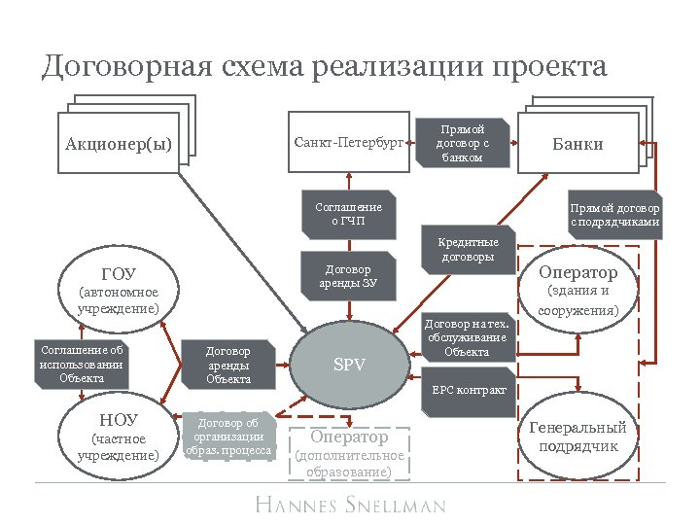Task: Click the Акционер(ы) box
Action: click(x=119, y=144)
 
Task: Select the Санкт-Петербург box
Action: click(x=348, y=143)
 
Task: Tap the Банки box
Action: click(x=577, y=144)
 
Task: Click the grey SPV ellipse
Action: click(x=349, y=366)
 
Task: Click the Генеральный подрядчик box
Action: click(x=578, y=437)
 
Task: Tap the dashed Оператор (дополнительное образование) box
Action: click(x=349, y=453)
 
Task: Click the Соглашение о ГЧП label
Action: click(x=349, y=214)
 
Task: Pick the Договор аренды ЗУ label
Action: click(x=349, y=276)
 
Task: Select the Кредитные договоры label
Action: click(x=469, y=250)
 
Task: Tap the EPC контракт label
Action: click(x=469, y=390)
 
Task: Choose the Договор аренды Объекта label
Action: click(x=228, y=365)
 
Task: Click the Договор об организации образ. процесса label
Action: click(x=228, y=437)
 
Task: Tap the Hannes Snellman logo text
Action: click(x=350, y=505)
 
